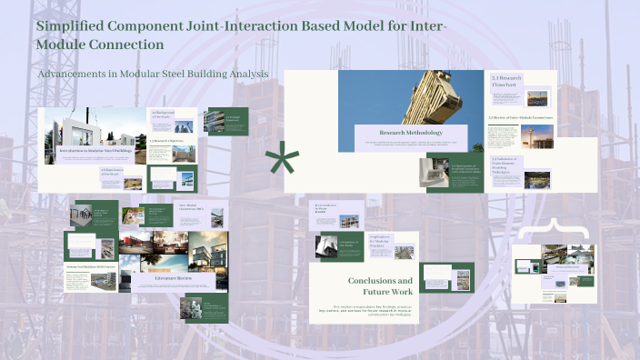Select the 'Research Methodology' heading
[411, 134]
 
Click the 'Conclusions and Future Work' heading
[380, 286]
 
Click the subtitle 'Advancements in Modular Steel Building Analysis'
[151, 73]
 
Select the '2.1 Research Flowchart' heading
[506, 81]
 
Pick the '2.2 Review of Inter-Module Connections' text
[520, 118]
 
